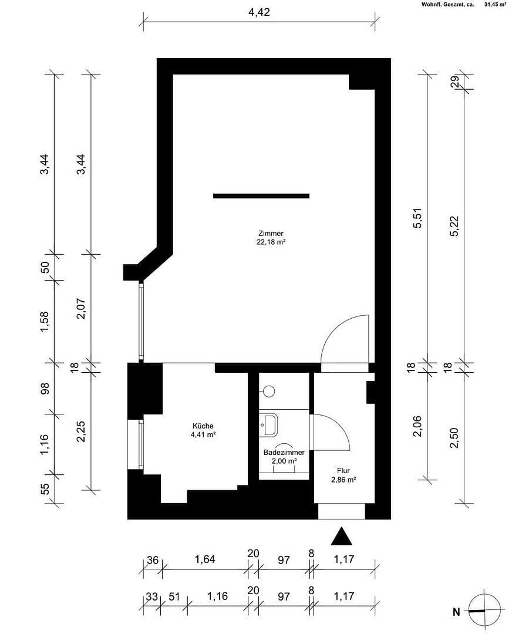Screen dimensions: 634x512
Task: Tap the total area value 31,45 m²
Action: click(x=494, y=4)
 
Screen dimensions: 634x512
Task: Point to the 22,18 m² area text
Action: click(x=266, y=241)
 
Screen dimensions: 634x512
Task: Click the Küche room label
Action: click(x=203, y=426)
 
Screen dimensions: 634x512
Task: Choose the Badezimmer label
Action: click(x=284, y=453)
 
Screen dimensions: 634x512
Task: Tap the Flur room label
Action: click(x=343, y=470)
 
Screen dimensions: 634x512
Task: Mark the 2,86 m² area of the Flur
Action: click(x=343, y=480)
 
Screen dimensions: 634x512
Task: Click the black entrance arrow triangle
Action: click(x=341, y=537)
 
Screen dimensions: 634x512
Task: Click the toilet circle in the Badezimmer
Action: click(x=270, y=390)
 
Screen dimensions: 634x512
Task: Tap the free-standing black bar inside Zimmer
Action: click(x=261, y=195)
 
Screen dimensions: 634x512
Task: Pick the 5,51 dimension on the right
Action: click(x=418, y=217)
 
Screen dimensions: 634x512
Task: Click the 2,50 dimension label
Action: click(x=454, y=438)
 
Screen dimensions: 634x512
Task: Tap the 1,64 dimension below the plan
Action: click(x=205, y=559)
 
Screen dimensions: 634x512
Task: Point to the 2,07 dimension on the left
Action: click(x=81, y=309)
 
